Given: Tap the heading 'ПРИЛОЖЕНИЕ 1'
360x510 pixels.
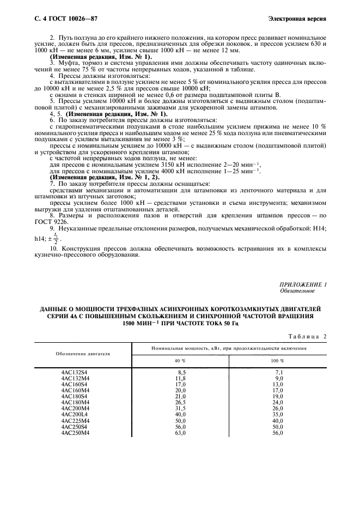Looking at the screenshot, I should (303, 285).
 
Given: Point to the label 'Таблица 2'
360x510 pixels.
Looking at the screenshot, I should (306, 336).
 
